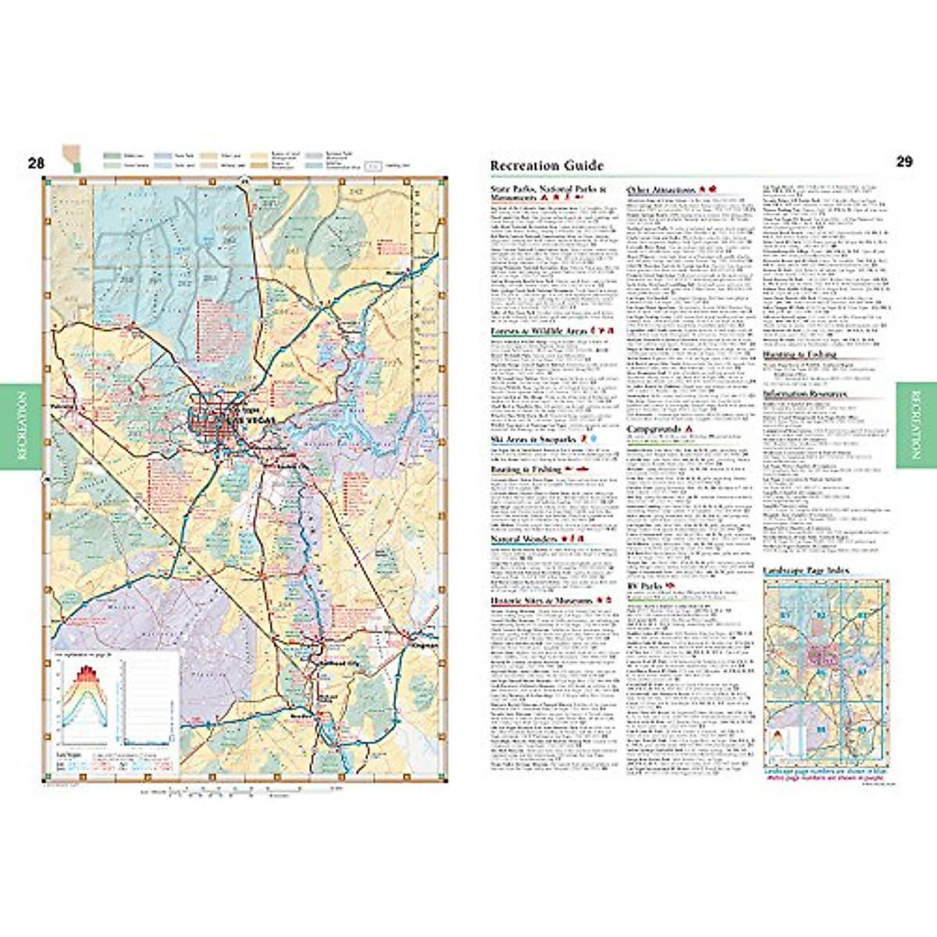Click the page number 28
pos(36,163)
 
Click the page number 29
pos(904,162)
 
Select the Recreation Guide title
pos(547,166)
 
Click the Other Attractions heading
pos(661,190)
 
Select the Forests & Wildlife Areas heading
pos(538,332)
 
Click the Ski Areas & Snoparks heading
pos(533,440)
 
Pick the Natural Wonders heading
pos(524,540)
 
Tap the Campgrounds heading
pos(654,429)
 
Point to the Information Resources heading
pos(804,394)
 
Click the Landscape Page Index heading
pos(805,571)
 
